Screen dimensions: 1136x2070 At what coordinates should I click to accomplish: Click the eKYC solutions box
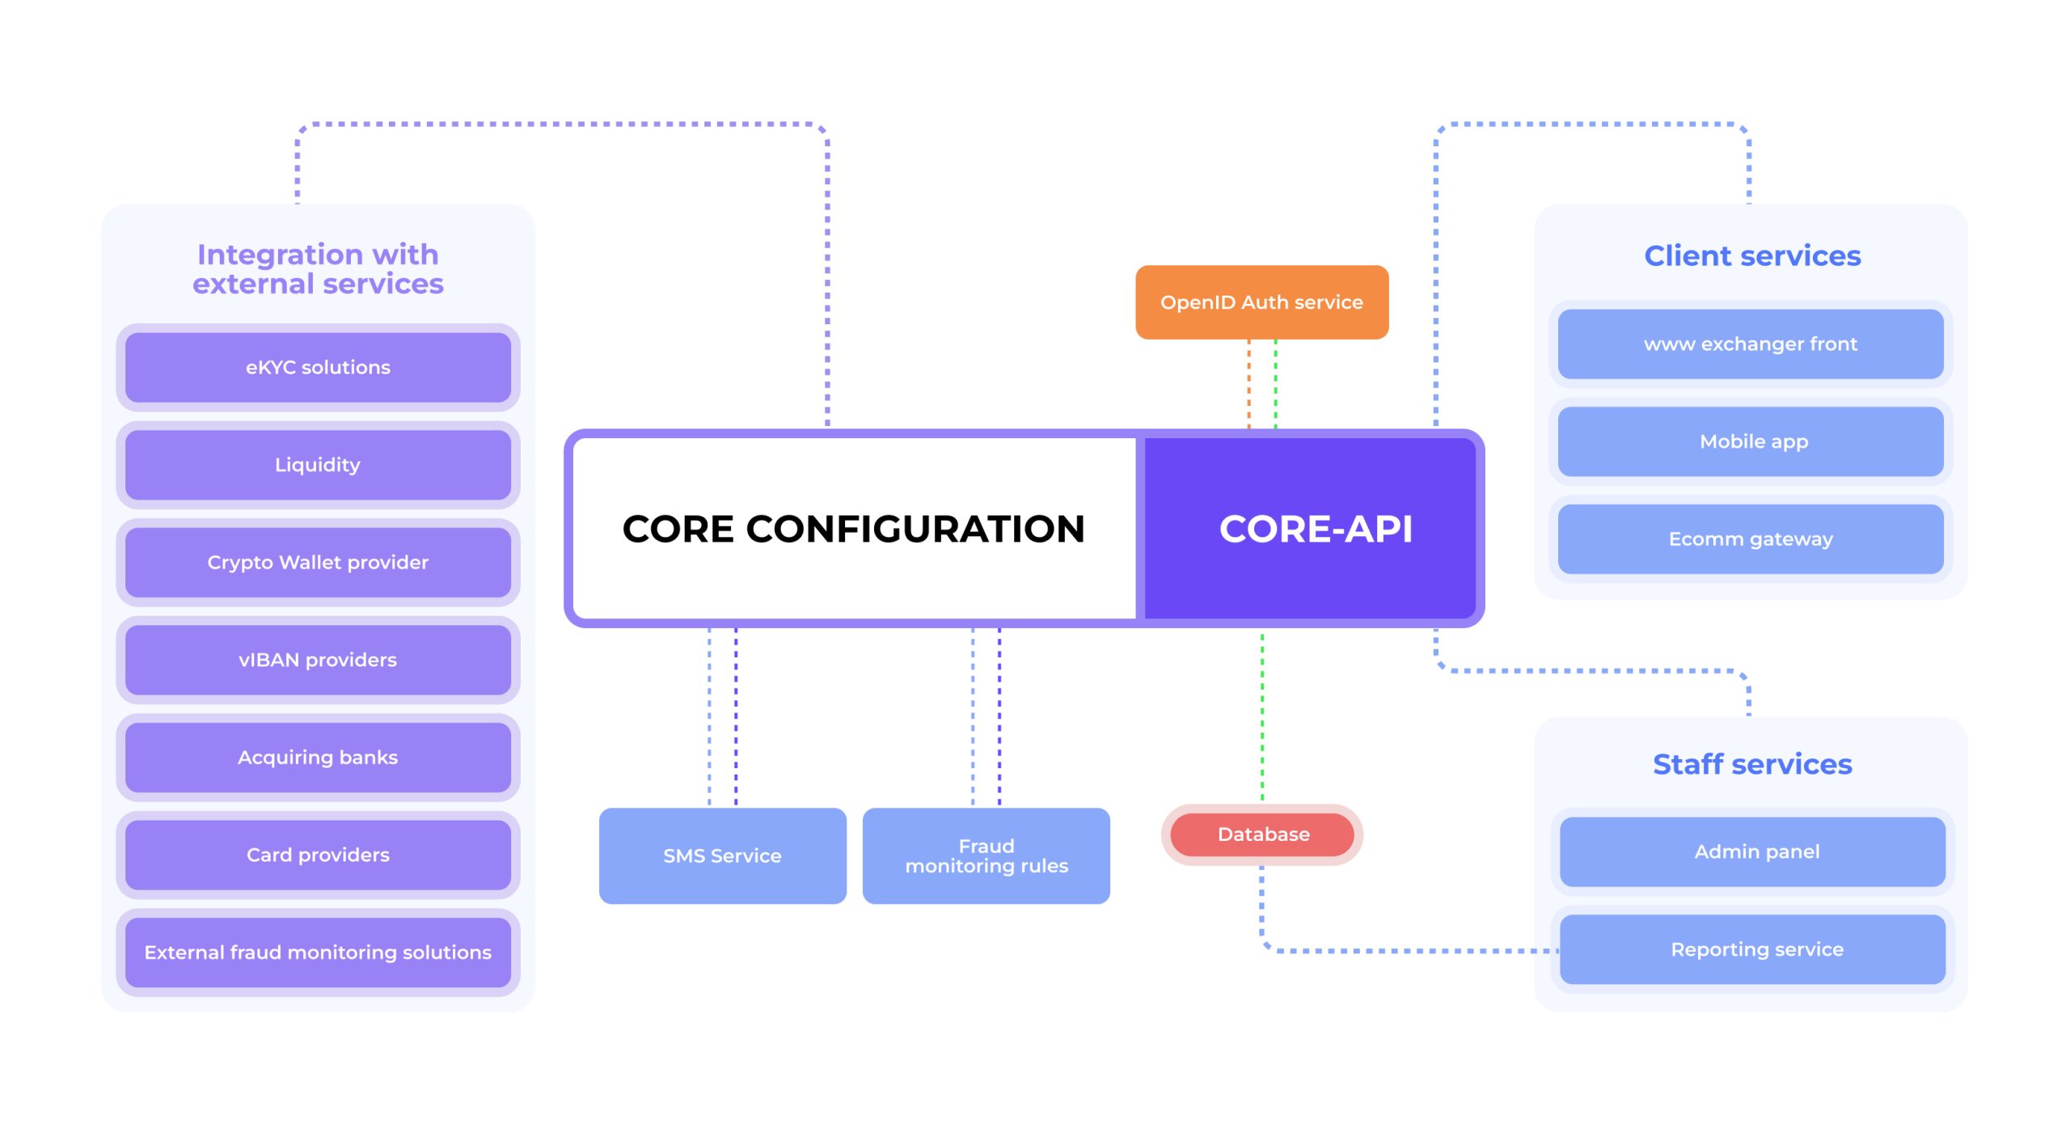[318, 368]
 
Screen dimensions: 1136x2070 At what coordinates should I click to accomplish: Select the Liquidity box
[318, 465]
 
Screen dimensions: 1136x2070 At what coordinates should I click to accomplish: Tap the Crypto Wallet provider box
[318, 563]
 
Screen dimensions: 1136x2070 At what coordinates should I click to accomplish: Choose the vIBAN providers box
[318, 660]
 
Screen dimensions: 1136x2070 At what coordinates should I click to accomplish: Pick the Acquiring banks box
[318, 758]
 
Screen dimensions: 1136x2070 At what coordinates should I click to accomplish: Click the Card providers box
[318, 855]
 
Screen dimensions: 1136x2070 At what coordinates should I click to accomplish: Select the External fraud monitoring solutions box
[318, 952]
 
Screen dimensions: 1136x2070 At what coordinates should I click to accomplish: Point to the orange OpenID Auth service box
[1261, 302]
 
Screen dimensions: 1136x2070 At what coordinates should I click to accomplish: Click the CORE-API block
[1315, 529]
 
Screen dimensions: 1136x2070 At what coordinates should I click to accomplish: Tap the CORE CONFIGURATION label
[853, 529]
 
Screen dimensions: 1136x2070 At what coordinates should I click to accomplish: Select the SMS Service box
[722, 855]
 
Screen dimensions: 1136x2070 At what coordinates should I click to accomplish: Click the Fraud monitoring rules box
[986, 855]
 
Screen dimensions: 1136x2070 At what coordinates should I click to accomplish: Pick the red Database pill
[1262, 834]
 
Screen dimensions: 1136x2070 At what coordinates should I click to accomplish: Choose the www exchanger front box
[1751, 344]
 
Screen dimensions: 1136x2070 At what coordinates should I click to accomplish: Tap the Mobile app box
[1751, 441]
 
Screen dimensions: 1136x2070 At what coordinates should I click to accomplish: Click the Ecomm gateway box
[1751, 539]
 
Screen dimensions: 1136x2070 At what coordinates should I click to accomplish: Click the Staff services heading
[1752, 764]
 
